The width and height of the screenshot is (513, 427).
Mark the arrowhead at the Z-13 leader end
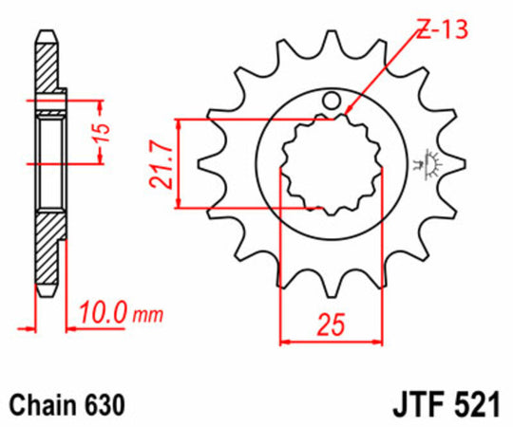point(346,115)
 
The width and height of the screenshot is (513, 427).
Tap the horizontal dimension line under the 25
point(329,340)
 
